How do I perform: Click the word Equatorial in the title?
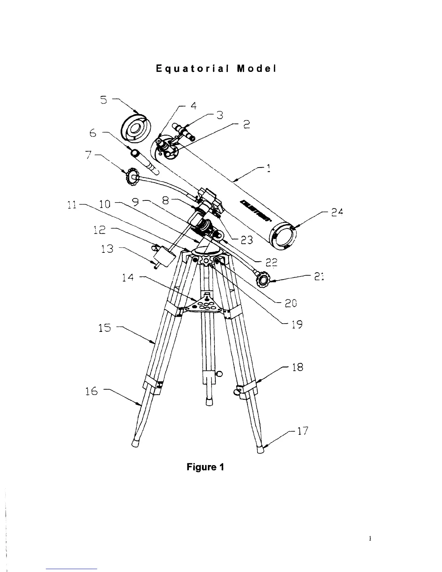point(191,69)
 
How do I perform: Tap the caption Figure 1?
point(205,467)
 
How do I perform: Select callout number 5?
point(104,100)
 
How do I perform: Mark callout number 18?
point(298,368)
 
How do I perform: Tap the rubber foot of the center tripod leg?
point(208,402)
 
